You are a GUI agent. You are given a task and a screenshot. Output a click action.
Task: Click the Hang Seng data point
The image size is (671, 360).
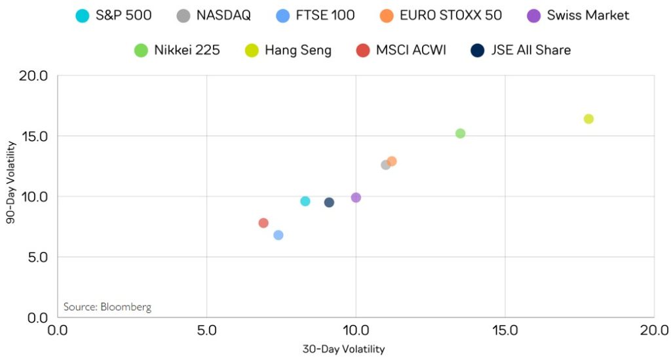tap(588, 119)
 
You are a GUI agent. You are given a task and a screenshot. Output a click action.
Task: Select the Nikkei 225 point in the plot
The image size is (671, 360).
tap(460, 133)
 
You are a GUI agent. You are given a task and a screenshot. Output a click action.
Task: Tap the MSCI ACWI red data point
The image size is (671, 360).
tap(263, 223)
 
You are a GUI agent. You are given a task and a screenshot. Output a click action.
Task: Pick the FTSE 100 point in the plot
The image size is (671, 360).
tap(278, 235)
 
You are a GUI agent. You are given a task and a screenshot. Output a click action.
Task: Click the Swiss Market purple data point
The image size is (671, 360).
tap(356, 197)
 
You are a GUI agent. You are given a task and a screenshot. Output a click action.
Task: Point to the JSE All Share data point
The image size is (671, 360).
tap(329, 203)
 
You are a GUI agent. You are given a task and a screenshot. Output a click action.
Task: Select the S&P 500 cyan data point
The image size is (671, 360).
tap(305, 201)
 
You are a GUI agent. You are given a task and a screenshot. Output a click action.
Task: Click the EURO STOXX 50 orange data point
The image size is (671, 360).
tap(391, 161)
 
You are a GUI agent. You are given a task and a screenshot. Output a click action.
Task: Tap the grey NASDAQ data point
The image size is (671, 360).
tap(385, 165)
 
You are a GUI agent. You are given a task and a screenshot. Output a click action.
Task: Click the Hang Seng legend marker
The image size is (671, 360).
tap(250, 50)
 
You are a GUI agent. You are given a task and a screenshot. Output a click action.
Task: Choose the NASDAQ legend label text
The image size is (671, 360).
tap(223, 15)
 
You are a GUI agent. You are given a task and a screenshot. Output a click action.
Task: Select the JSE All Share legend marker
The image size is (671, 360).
tap(478, 50)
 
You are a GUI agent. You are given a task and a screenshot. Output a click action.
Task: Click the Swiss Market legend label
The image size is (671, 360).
tap(588, 15)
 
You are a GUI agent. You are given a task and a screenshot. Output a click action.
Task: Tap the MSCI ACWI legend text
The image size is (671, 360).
tap(411, 50)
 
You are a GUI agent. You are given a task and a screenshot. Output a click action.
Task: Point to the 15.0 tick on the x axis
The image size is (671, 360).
tap(505, 329)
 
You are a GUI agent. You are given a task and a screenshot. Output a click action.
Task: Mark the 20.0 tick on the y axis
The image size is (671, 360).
tap(34, 76)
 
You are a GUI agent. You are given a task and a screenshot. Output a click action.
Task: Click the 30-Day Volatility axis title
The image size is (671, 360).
tap(343, 349)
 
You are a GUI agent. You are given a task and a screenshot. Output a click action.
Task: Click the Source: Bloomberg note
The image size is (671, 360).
tap(107, 307)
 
